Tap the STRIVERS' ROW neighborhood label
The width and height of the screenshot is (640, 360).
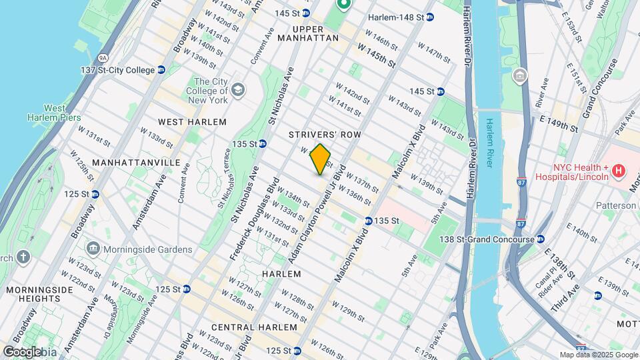coord(325,135)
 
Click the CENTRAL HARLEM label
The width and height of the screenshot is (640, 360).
coord(253,327)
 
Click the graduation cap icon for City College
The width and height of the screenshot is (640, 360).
coord(238,89)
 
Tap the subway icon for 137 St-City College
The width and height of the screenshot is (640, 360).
coord(161,70)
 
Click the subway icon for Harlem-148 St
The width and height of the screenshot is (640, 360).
coord(430,17)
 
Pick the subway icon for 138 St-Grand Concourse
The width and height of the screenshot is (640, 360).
coord(539,239)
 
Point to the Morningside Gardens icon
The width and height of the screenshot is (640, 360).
coord(93,250)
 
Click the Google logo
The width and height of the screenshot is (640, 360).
coord(21,352)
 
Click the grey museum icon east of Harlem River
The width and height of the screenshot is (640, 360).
coord(519,77)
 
